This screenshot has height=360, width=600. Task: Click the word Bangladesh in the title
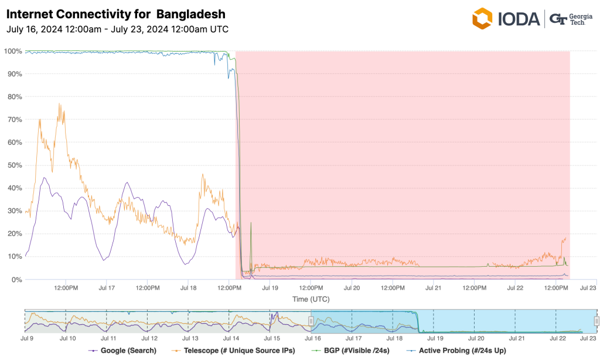[190, 13]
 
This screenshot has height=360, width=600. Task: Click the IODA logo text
[518, 19]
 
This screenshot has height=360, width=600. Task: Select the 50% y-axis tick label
[14, 165]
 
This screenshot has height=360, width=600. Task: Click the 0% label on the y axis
[16, 279]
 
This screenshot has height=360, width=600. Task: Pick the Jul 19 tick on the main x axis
[270, 288]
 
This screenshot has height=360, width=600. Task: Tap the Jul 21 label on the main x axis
[433, 288]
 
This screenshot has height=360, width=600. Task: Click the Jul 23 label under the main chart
[588, 288]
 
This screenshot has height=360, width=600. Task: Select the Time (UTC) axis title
[311, 299]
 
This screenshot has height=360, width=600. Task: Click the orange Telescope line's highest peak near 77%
[59, 104]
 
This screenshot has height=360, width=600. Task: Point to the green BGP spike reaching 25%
[251, 223]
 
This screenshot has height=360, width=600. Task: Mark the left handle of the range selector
[311, 321]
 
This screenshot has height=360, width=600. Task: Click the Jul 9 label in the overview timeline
[27, 338]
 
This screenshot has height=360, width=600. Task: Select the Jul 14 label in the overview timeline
[231, 338]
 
